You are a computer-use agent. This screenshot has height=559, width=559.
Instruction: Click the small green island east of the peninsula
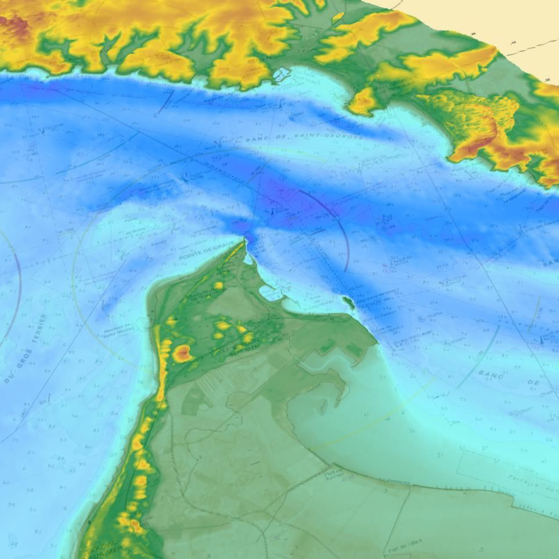pos(347,301)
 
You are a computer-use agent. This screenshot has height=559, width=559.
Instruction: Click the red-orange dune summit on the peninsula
pos(183,353)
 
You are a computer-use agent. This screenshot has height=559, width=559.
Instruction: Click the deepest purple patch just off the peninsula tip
pos(241,227)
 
